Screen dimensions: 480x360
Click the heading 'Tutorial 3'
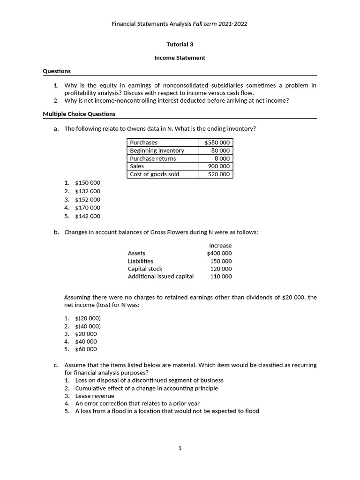coord(180,45)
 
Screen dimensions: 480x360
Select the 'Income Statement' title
coord(180,58)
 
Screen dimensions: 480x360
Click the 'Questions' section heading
coord(57,71)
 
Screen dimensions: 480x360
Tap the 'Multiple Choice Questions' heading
coord(79,114)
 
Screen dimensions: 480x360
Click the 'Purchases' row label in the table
coord(143,142)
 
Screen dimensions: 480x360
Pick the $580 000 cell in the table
coord(217,142)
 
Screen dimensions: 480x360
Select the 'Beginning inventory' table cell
coord(157,150)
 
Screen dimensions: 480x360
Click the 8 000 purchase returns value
coord(222,158)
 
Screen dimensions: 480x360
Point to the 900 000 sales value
coord(219,166)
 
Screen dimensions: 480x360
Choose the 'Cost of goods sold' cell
coord(155,174)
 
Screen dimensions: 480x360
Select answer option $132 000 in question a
coord(88,191)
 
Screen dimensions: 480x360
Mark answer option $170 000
coord(88,208)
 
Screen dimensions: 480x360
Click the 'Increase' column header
coord(220,246)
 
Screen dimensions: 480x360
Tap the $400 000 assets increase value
coord(219,253)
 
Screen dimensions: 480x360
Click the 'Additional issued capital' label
coord(161,277)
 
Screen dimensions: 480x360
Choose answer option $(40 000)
coord(88,326)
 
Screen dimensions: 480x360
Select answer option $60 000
coord(86,349)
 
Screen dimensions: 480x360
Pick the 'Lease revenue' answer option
coord(95,396)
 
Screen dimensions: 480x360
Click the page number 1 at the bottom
coord(180,449)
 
